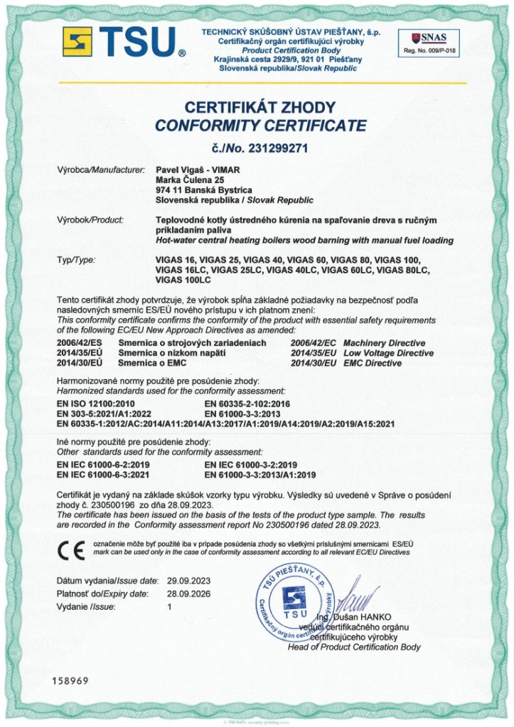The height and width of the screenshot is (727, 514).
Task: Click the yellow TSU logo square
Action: tap(77, 42)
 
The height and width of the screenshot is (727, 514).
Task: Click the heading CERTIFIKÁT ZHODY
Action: tap(259, 108)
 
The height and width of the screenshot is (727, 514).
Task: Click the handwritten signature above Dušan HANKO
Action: tap(360, 598)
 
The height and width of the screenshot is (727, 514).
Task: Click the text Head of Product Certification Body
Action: tap(354, 647)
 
